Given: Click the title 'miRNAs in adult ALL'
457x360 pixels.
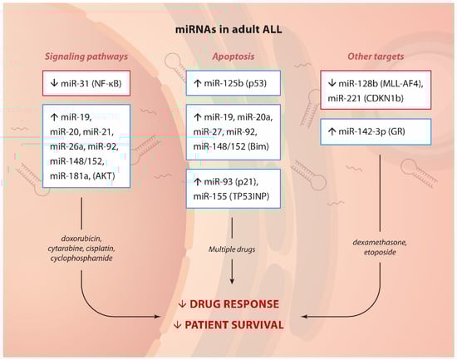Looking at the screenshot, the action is click(228, 29).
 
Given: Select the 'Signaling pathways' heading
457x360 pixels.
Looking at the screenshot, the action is click(86, 57).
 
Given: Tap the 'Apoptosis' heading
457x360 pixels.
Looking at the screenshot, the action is click(233, 57).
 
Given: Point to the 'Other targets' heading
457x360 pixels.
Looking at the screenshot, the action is click(376, 57).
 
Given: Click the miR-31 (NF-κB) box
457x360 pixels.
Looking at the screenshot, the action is click(86, 83).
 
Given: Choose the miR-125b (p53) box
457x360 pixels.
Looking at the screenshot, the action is click(233, 83).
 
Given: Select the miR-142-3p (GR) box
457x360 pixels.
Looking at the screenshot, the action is click(376, 131).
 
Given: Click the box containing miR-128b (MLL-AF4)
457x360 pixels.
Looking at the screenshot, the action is click(376, 90).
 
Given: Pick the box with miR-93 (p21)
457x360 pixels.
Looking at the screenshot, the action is click(233, 189).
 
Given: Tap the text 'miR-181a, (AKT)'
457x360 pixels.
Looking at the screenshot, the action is click(82, 176).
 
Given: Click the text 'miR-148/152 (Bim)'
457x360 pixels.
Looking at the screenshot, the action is click(231, 146).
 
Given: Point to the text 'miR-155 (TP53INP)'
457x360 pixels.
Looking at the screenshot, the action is click(232, 196).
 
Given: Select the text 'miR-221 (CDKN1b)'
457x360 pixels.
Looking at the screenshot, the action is click(366, 98).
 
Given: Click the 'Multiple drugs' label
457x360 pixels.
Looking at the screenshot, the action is click(232, 249).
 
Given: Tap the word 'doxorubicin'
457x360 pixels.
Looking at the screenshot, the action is click(81, 239).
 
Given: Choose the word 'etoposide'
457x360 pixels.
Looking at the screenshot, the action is click(380, 252).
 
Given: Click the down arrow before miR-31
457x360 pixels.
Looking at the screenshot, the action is click(54, 83).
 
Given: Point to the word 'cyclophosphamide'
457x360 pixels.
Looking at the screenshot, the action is click(81, 259).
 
